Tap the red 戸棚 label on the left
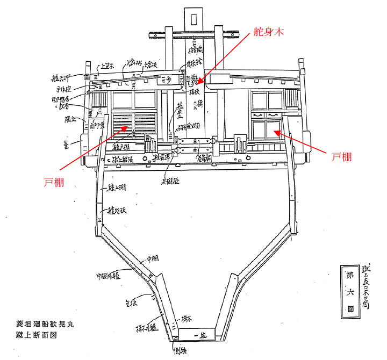[x=54, y=183]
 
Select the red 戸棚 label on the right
[x=342, y=156]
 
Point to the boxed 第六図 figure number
[x=350, y=291]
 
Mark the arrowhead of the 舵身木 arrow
[x=197, y=85]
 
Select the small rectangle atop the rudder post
[x=194, y=18]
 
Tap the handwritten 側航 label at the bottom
[x=180, y=352]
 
